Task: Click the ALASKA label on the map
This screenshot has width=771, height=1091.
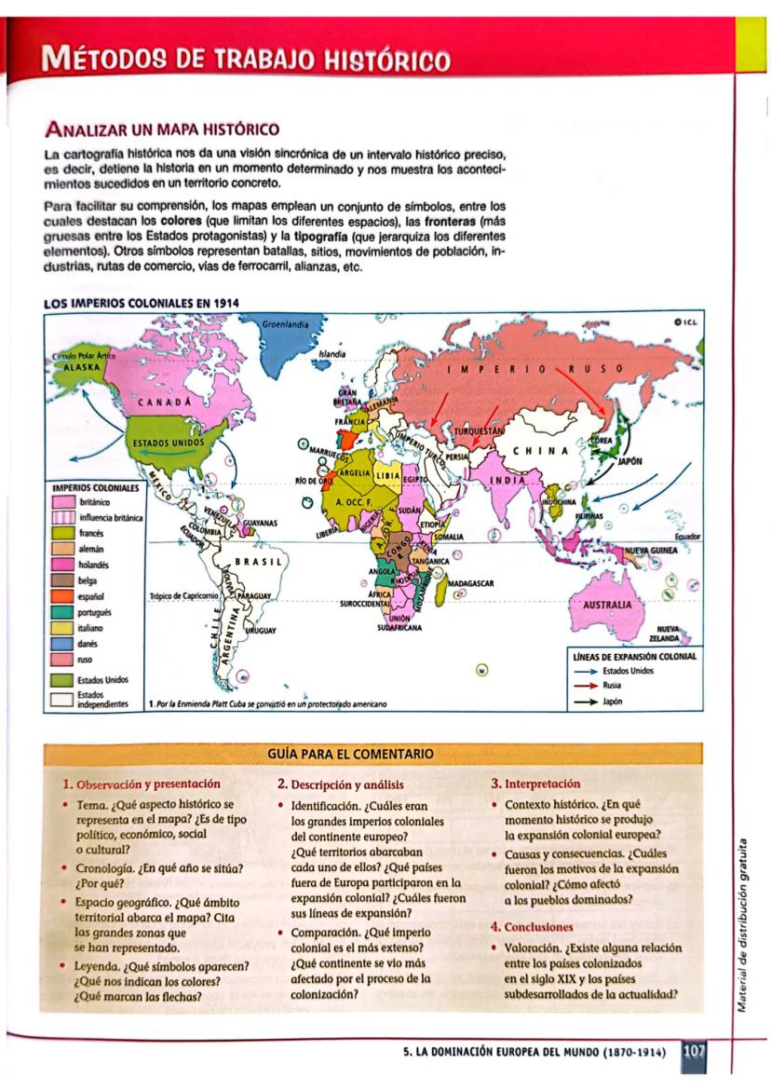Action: [74, 366]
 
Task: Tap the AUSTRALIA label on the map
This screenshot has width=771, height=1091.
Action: [606, 604]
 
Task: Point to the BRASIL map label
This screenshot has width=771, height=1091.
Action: [251, 562]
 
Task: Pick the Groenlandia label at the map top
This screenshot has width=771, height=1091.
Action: [285, 323]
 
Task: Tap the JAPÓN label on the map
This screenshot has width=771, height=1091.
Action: [629, 460]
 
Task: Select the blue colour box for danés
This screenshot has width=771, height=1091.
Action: [61, 643]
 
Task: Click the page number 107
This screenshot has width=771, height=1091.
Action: [694, 1051]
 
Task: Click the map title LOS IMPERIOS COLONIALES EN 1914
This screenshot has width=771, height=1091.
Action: [136, 303]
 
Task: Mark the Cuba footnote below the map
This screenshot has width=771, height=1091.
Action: [266, 703]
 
